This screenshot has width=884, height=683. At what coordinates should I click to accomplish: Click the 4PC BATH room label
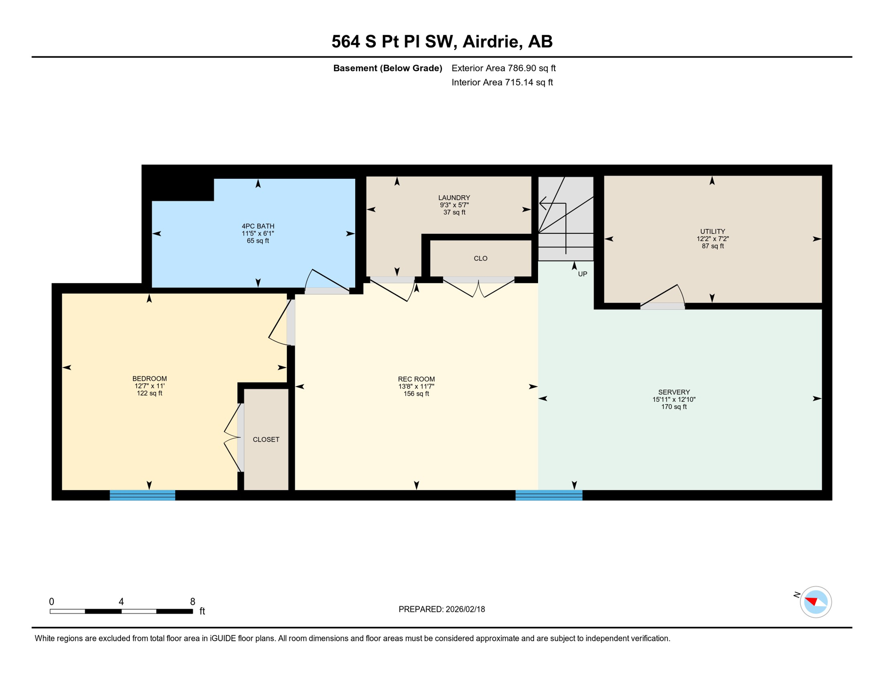pos(258,226)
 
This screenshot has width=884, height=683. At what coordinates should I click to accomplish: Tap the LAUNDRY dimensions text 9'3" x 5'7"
pos(454,205)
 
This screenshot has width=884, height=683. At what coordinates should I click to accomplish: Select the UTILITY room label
pos(712,231)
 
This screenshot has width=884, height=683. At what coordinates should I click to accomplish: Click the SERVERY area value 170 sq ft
pos(674,406)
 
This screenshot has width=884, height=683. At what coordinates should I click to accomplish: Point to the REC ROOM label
pos(416,379)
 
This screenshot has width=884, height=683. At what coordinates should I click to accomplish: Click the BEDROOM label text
pos(149,378)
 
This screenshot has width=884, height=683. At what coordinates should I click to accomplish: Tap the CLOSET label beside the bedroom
pos(266,439)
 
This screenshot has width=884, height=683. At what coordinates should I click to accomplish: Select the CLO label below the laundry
pos(480,258)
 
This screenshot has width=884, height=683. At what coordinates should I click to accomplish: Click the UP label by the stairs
pos(582,274)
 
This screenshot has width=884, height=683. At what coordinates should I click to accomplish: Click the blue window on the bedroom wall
pos(142,495)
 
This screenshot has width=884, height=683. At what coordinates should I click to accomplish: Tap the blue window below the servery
pos(549,495)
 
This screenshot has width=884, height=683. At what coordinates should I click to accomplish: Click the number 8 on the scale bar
pos(193,602)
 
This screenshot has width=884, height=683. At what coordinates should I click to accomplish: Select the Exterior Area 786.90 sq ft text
pos(503,68)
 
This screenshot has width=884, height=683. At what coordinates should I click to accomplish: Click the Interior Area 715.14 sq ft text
pos(502,82)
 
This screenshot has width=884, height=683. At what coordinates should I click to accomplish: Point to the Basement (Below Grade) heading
pos(387,68)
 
